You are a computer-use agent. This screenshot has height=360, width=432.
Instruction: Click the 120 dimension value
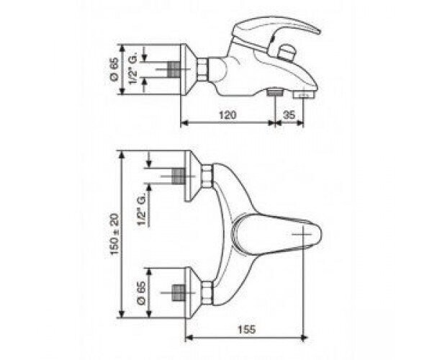click(228, 114)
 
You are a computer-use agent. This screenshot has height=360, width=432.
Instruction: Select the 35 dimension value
click(289, 114)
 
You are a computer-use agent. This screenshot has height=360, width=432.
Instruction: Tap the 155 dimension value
click(246, 329)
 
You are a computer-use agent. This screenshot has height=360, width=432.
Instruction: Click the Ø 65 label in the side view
click(114, 69)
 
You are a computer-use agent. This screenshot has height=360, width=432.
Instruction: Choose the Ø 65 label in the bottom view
click(141, 293)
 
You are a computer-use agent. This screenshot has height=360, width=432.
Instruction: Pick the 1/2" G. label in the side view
click(132, 70)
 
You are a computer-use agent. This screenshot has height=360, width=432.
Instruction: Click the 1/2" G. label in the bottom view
click(142, 212)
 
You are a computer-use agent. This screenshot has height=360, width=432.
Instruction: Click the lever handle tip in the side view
click(319, 32)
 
